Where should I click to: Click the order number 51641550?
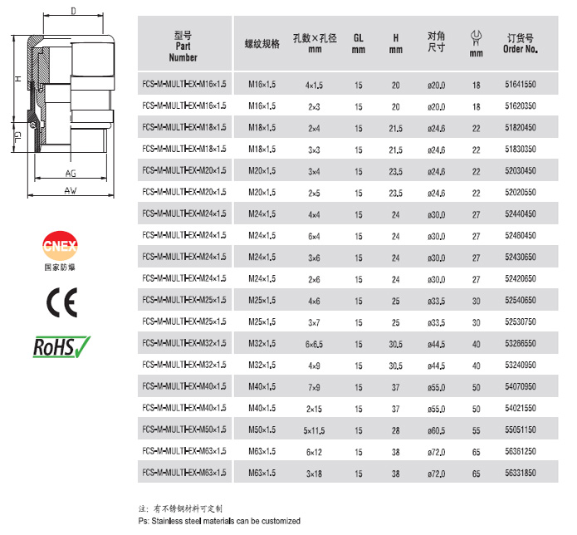point(520,85)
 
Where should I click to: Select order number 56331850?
point(520,473)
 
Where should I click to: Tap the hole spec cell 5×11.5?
point(313,429)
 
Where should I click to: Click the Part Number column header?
point(183,47)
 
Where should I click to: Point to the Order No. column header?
point(521,43)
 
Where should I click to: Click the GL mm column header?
point(359,43)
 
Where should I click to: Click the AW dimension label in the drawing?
point(72,189)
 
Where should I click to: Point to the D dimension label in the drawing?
point(74,11)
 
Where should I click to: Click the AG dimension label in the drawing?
point(71,173)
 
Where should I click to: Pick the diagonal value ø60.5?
point(436,429)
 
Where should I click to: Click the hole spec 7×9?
point(313,386)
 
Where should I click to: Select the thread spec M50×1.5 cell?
point(262,429)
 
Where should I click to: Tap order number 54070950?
point(520,386)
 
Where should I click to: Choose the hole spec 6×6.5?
point(313,343)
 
